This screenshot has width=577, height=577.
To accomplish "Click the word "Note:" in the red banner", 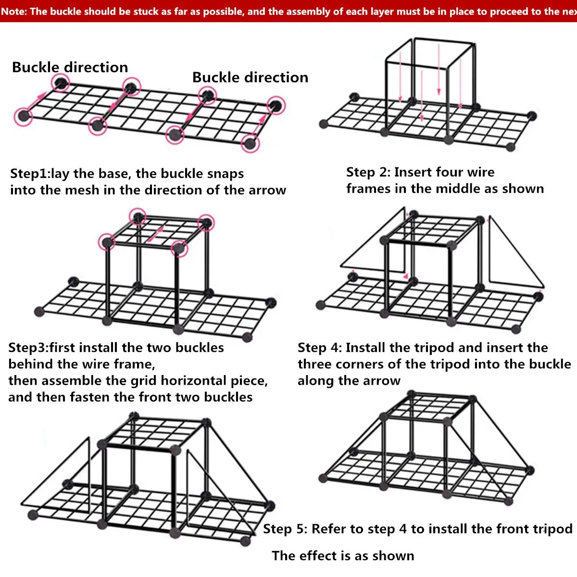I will pos(14,11).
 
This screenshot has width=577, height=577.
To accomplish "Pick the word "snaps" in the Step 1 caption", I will pos(226,174).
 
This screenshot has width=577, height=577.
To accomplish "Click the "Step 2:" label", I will pos(368,172).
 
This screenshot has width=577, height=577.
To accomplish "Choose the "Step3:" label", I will pos(28,348).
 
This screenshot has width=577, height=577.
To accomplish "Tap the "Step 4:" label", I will pos(319,348).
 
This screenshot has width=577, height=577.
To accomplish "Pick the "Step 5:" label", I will pos(285,529).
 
